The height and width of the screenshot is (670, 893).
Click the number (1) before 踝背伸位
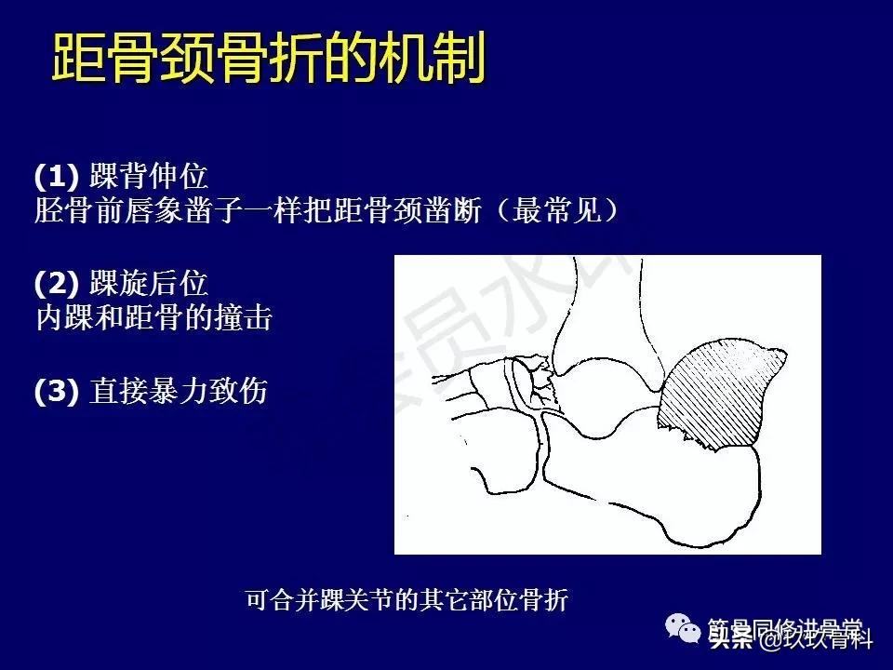(58, 175)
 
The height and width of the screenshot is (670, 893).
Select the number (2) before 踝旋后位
(58, 283)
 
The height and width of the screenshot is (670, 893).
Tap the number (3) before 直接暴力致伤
(58, 391)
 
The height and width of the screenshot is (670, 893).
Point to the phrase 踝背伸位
(149, 175)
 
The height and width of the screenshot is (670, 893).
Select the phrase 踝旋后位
(149, 283)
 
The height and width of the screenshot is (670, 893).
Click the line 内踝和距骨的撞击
(153, 319)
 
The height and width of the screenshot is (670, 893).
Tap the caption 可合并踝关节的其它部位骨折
(407, 600)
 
